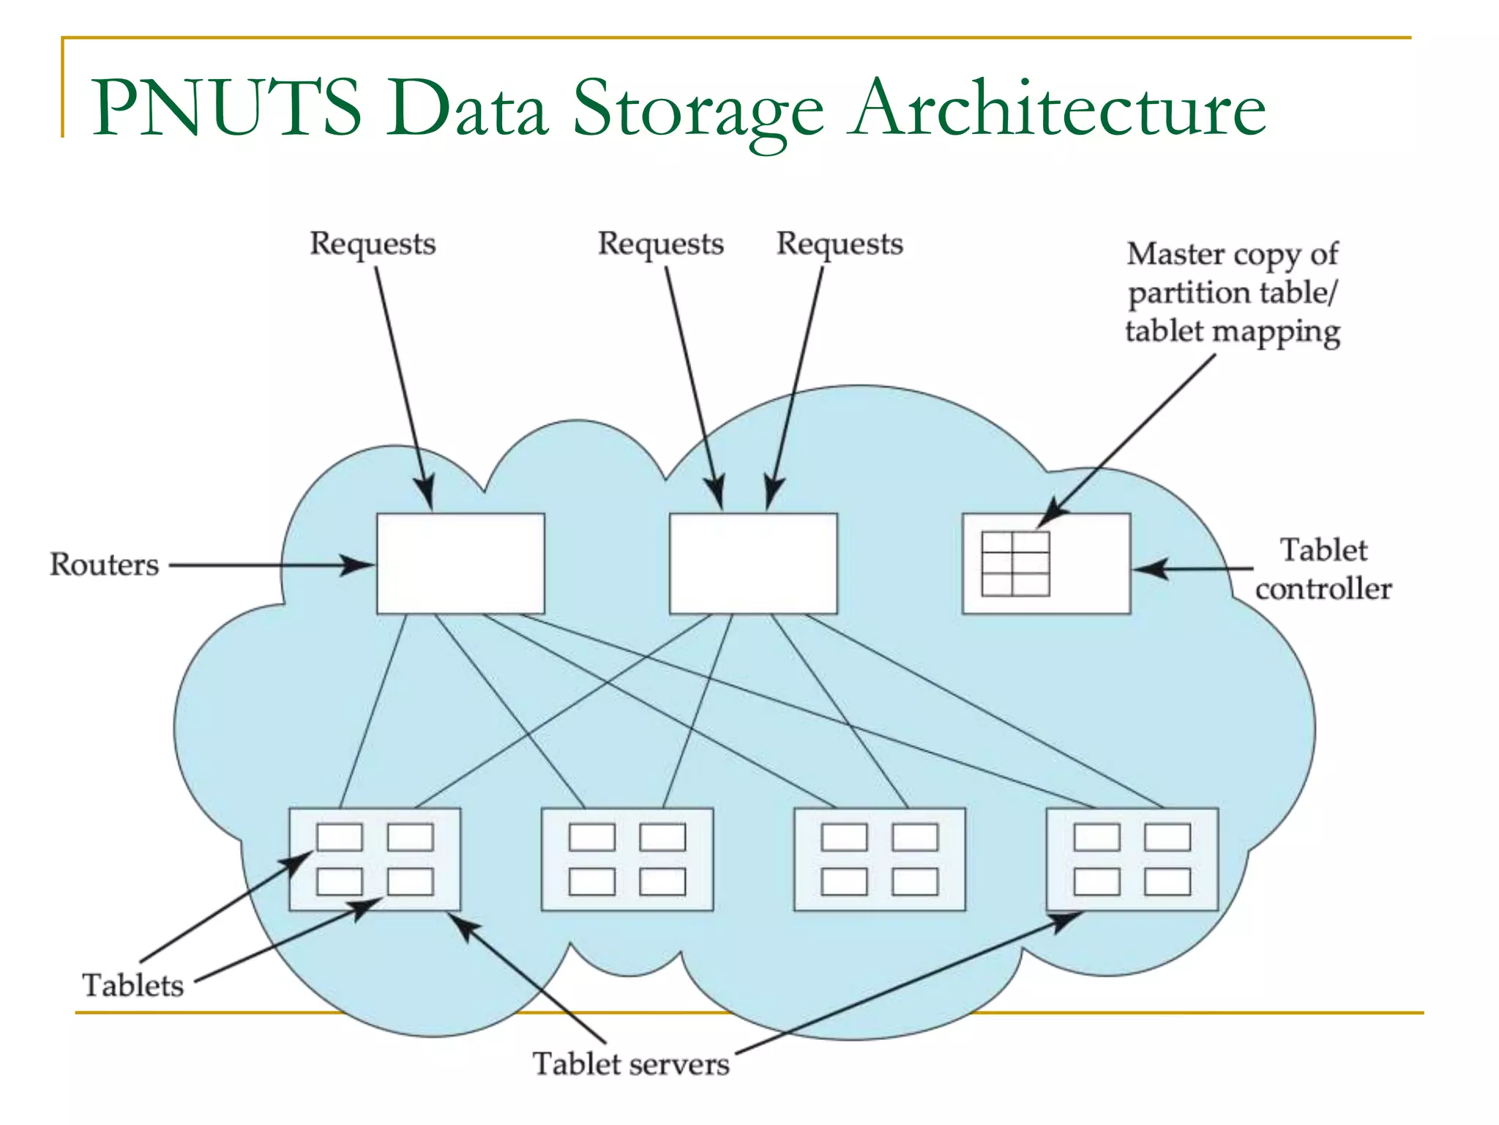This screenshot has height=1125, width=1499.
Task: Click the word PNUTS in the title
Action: coord(227,108)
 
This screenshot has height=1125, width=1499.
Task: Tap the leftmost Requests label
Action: coord(372,244)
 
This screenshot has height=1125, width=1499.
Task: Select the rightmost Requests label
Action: coord(840,244)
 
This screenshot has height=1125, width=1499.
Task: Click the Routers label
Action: coord(104,565)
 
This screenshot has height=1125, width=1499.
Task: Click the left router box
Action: coord(460,563)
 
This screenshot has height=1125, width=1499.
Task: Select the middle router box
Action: coord(753,563)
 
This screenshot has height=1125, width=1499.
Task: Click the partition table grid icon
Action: coord(1015,564)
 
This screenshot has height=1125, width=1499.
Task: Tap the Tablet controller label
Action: coord(1323,570)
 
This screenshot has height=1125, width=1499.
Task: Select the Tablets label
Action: coord(132,986)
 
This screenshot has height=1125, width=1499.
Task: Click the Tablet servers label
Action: coord(630,1064)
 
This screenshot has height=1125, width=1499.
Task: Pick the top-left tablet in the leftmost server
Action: coord(340,837)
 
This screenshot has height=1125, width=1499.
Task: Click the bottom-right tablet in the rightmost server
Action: coord(1167,882)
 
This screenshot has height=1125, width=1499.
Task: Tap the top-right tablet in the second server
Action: coord(662,837)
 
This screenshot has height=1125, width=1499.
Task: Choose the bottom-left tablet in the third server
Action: coord(844,882)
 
